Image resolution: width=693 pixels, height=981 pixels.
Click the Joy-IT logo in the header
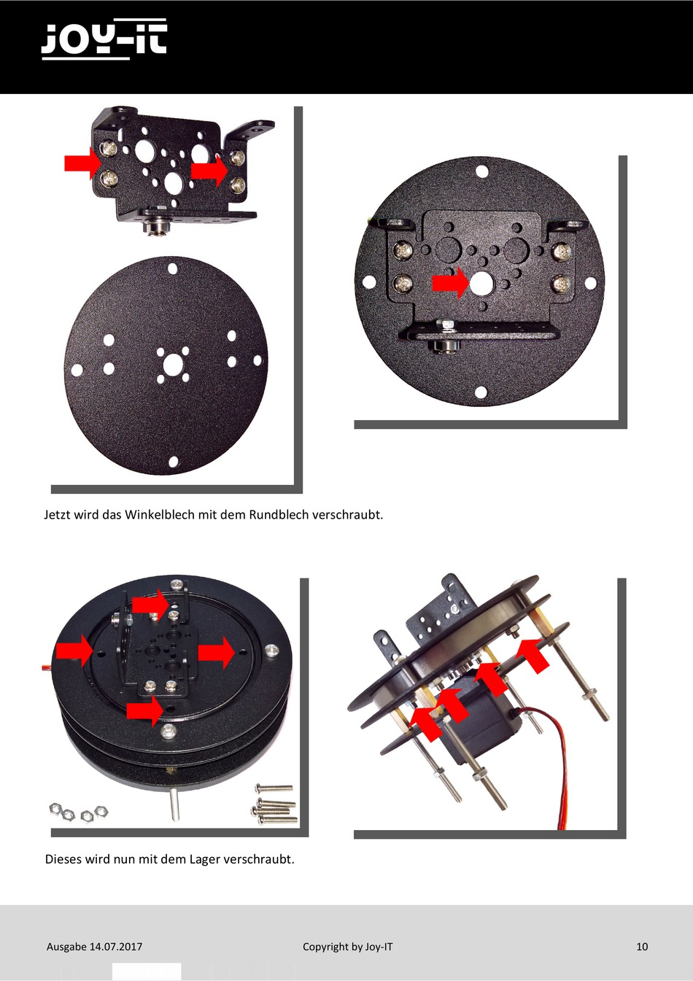tap(104, 39)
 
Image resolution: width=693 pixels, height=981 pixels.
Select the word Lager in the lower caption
tap(204, 858)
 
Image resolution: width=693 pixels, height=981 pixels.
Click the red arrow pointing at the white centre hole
tap(450, 283)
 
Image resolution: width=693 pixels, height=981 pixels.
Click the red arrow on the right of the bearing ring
tap(217, 653)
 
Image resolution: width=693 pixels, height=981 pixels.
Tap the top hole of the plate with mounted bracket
tap(482, 171)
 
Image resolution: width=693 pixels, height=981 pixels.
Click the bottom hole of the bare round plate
tap(174, 462)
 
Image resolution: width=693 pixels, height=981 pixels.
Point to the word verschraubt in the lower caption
tap(259, 858)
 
